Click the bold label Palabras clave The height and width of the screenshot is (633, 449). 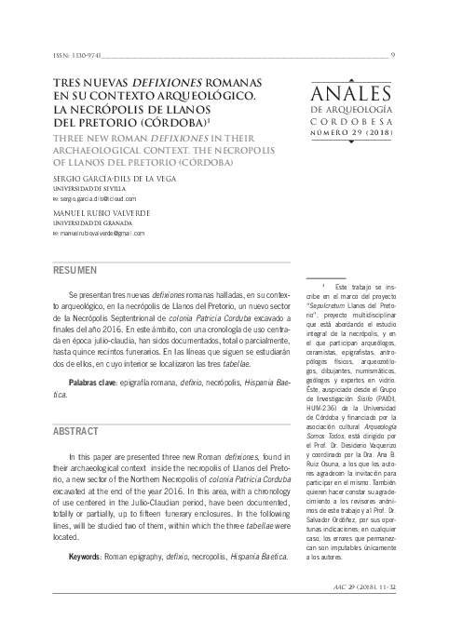point(102,383)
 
